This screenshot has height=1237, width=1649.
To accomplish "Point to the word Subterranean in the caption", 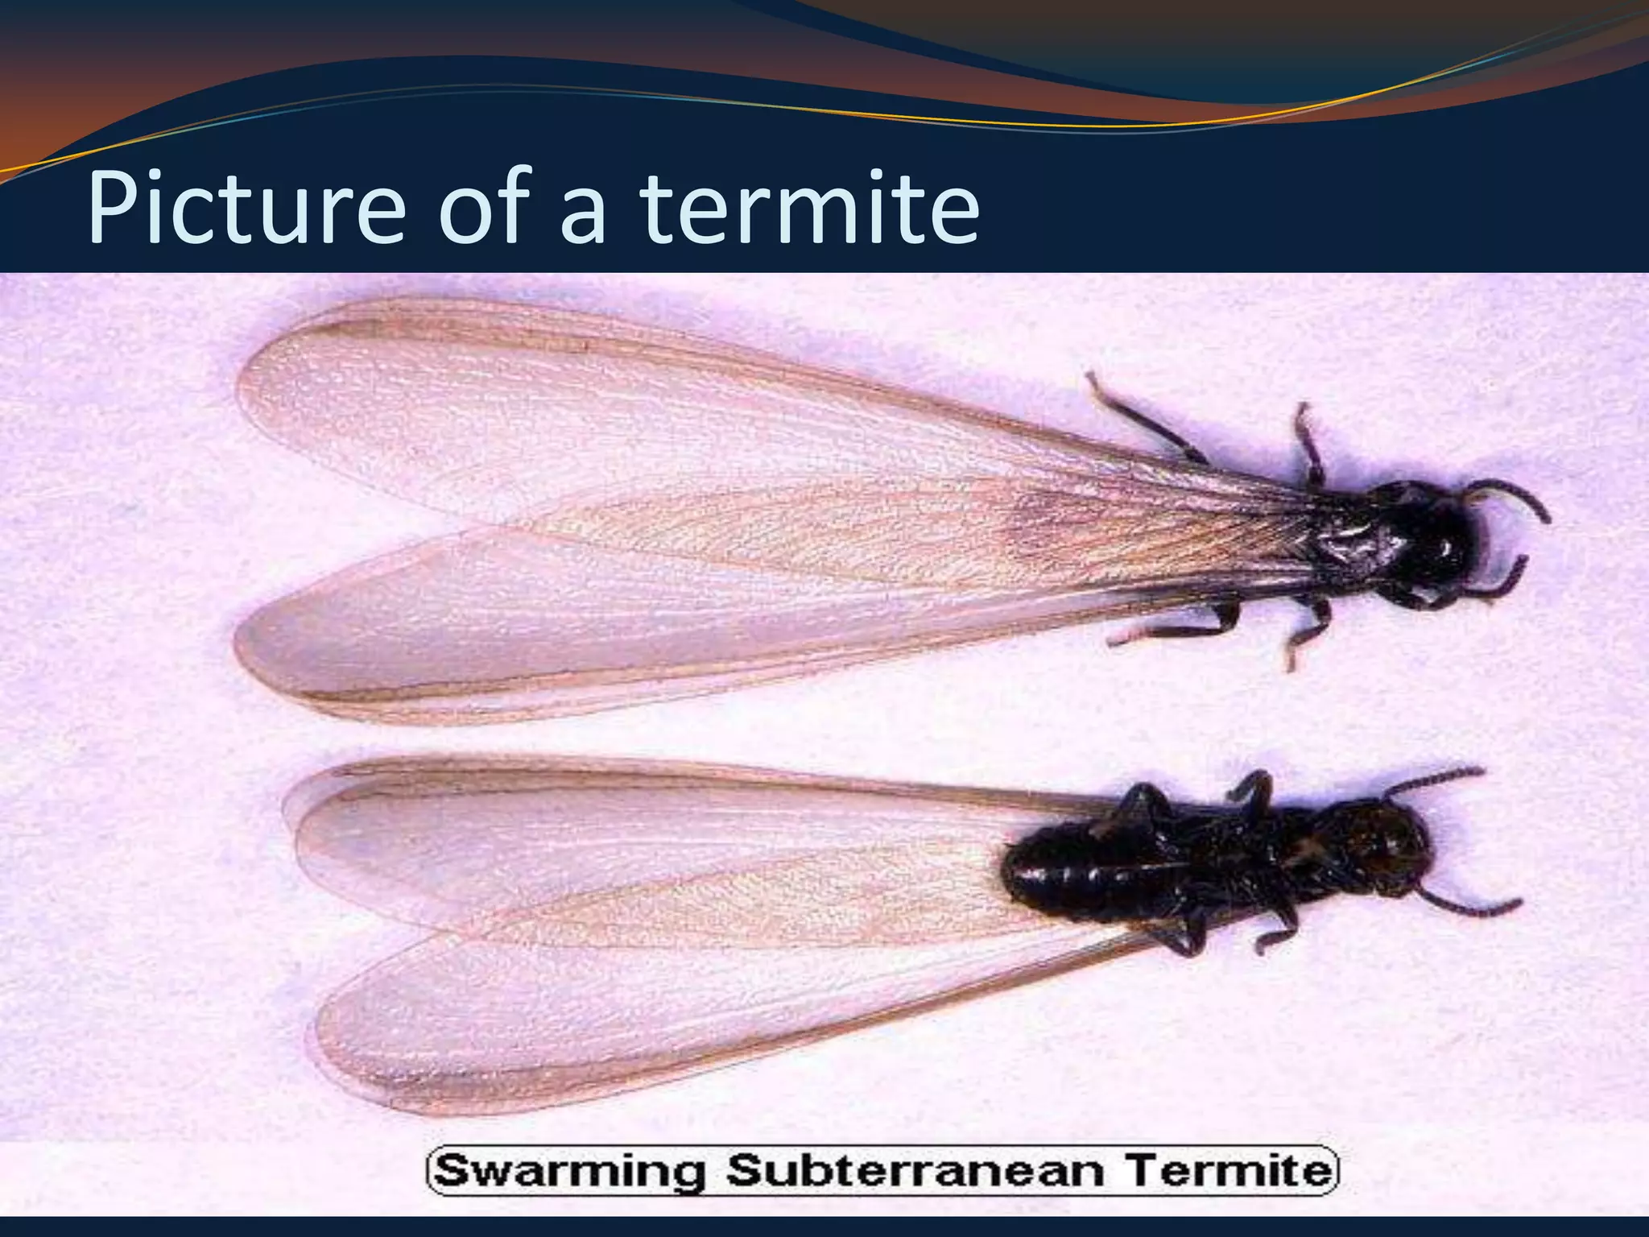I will [915, 1171].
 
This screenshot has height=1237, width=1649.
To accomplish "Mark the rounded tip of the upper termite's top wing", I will [250, 379].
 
